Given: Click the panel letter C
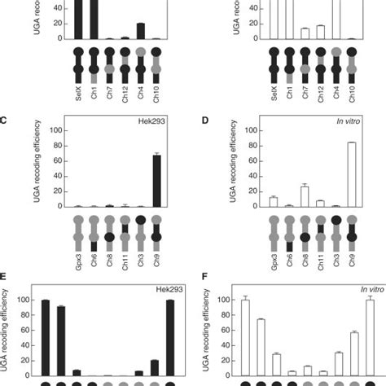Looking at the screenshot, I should (x=4, y=121).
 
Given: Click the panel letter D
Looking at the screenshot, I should (x=202, y=121).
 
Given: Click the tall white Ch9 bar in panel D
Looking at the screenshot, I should (x=352, y=173).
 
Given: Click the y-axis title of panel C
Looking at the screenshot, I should (x=32, y=167).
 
